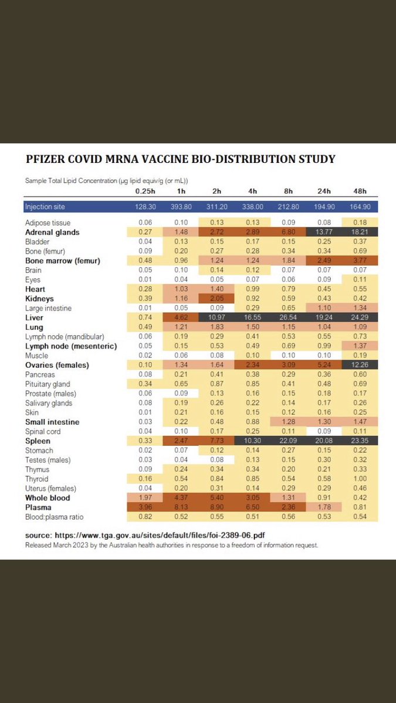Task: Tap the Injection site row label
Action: (45, 207)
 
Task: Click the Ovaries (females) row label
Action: (56, 365)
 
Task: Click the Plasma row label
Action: (38, 507)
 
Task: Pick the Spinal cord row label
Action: (43, 431)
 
